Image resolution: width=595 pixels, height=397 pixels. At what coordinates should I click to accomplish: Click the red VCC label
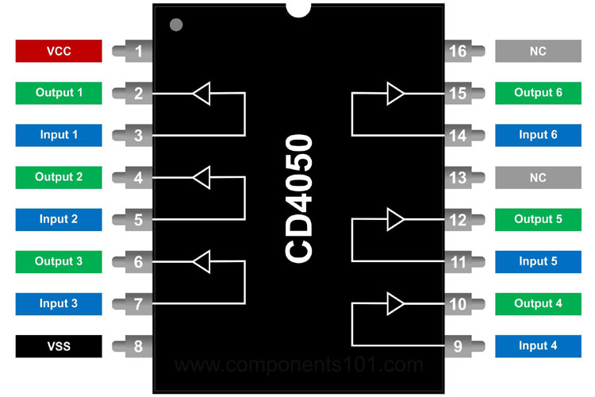[59, 51]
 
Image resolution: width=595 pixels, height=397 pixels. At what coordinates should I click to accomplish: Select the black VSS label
[59, 345]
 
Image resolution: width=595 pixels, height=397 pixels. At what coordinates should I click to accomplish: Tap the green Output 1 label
[59, 93]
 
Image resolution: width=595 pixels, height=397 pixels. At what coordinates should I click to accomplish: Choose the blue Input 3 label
[59, 303]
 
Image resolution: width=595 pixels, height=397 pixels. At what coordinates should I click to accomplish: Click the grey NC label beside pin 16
[538, 51]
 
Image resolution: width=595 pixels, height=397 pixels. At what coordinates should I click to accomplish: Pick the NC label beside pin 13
[538, 177]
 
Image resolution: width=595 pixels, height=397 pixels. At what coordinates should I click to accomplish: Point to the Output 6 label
[538, 93]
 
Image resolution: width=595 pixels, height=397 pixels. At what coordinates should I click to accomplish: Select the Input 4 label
[538, 345]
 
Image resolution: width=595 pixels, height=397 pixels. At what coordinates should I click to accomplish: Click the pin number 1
[139, 52]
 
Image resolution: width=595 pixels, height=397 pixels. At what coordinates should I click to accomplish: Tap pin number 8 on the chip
[139, 346]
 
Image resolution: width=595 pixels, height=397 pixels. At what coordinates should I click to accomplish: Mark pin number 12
[458, 220]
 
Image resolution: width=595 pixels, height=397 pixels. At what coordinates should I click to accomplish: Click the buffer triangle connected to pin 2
[202, 94]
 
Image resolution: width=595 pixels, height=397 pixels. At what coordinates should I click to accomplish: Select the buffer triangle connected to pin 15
[395, 94]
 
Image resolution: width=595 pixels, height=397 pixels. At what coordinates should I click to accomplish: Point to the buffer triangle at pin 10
[395, 303]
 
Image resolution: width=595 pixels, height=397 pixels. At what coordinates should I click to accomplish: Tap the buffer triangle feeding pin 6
[202, 261]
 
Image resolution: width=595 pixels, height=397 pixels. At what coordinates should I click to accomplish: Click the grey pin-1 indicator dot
[176, 25]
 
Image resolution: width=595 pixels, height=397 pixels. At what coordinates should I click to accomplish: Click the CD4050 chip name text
[299, 198]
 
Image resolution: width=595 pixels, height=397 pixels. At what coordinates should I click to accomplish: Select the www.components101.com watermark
[299, 365]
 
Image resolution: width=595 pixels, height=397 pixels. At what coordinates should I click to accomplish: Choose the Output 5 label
[538, 219]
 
